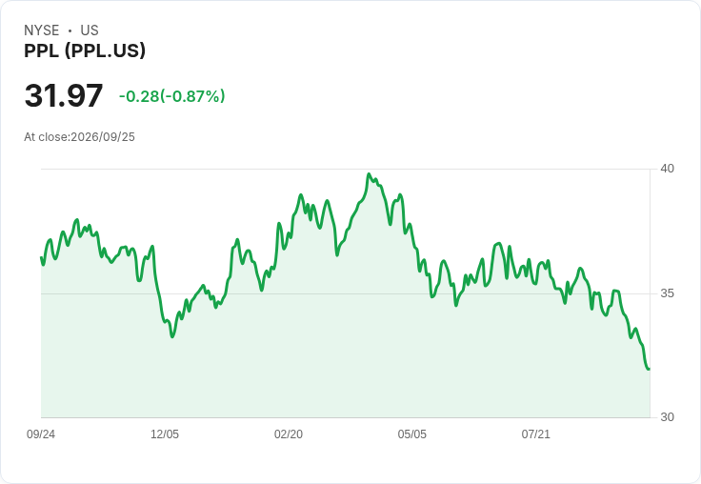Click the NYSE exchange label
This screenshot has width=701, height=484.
[41, 30]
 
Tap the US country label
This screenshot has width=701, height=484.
[90, 30]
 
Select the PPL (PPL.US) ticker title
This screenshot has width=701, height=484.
[85, 51]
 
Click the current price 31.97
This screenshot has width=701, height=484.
[64, 95]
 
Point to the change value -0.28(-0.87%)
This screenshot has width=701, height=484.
[172, 96]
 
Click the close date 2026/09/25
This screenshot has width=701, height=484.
[103, 137]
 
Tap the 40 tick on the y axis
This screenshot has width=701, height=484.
[667, 169]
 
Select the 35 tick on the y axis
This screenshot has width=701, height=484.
[667, 293]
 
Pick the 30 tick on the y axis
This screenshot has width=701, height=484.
[667, 417]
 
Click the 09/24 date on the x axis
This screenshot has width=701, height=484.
[41, 434]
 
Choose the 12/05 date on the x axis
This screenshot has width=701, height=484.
[165, 434]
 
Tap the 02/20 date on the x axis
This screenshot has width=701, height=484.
[289, 434]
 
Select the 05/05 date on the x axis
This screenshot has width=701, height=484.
[412, 434]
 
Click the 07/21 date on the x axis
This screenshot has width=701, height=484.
[535, 434]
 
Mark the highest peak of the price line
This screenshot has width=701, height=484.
[369, 174]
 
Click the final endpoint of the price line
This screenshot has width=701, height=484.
[649, 369]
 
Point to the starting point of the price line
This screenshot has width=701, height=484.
[42, 257]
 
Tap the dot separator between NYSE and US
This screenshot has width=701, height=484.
[70, 30]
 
